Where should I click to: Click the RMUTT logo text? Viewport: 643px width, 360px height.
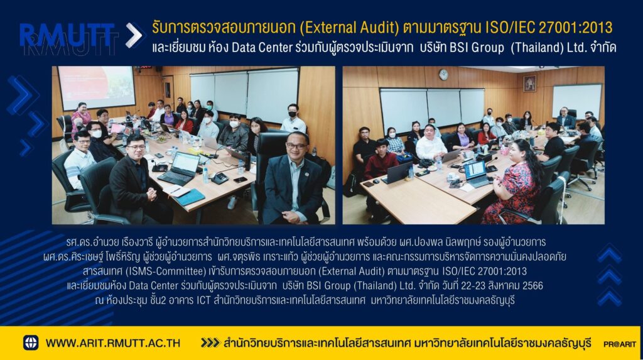point(67,35)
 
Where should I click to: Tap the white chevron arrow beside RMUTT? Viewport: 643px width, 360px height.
point(134,35)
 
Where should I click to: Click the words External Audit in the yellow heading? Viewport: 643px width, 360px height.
point(349,28)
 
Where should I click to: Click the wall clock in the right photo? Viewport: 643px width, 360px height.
point(443,74)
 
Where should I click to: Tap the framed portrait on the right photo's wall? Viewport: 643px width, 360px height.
point(529,84)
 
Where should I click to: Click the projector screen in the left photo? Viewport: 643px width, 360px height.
point(96,87)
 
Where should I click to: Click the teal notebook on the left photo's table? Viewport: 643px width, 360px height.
point(190,197)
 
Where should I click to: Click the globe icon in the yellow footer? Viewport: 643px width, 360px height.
point(31,343)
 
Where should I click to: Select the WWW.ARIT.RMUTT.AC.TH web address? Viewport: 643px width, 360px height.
point(113,343)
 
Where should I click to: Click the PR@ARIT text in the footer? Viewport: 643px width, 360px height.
point(619,344)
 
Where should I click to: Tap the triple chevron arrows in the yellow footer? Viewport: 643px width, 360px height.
point(210,343)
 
